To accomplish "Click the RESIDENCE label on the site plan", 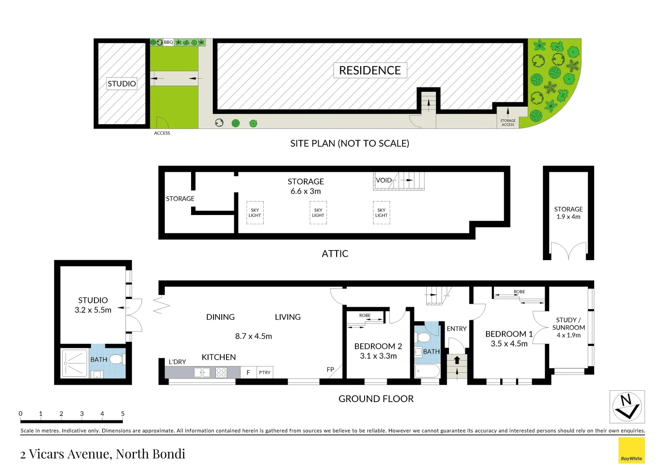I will [x=370, y=70].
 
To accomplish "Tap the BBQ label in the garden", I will [x=168, y=42].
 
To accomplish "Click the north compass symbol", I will [x=627, y=406].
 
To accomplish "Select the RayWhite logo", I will [x=631, y=451].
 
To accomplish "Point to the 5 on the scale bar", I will [x=123, y=413].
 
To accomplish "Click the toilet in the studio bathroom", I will [x=116, y=359].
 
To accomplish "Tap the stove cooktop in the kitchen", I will [x=221, y=372].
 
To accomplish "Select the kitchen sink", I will [x=202, y=372].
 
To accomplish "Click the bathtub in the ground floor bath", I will [x=427, y=371].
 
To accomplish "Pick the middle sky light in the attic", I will [x=318, y=213].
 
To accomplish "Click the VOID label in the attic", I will [x=384, y=180].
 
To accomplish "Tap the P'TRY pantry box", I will [x=264, y=372].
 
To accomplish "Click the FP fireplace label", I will [x=331, y=369].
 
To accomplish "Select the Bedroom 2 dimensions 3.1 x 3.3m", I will [x=378, y=356].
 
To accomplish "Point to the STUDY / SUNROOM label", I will [x=568, y=324].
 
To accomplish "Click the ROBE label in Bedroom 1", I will [x=519, y=292].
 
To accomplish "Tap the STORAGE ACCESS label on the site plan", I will [x=508, y=122].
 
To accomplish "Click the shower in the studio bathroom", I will [x=75, y=363].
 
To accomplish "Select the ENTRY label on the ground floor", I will [x=456, y=329].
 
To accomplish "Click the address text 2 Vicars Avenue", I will [x=103, y=454].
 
